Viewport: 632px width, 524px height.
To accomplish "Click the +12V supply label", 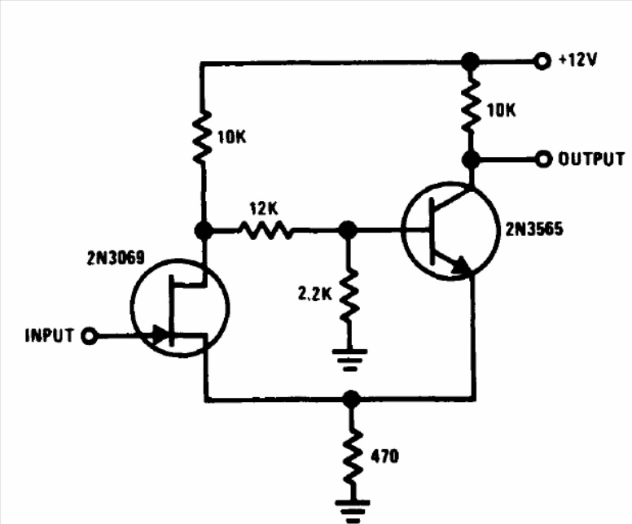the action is [577, 60].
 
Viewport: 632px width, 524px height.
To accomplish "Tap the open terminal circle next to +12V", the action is [542, 61].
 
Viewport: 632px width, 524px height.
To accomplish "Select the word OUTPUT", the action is [591, 159].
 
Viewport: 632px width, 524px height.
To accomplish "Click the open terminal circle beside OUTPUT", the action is [543, 159].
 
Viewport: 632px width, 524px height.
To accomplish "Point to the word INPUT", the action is [50, 335].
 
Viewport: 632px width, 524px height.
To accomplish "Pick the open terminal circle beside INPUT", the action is [90, 336].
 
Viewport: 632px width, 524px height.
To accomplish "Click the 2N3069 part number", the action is [116, 258].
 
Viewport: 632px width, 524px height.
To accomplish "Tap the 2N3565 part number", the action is [534, 229].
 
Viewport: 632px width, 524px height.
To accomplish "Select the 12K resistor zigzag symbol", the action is [266, 230].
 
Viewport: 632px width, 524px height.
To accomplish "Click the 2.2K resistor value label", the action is [315, 294].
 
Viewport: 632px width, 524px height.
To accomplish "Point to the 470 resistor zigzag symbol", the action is [353, 458].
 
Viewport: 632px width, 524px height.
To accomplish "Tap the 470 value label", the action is [384, 456].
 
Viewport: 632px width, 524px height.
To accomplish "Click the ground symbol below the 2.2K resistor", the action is [349, 360].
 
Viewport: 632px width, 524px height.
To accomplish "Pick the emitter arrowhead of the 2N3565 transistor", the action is [462, 266].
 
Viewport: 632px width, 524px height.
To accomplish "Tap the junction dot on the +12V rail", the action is [470, 61].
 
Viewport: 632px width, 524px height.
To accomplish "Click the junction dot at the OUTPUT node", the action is [471, 159].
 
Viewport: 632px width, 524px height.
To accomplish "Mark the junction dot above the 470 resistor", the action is [352, 400].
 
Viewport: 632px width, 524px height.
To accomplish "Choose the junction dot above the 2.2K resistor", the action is [348, 230].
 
